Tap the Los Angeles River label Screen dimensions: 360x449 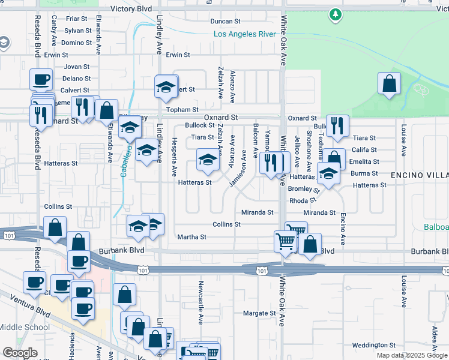(x=245, y=34)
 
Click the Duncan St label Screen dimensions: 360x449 (x=225, y=22)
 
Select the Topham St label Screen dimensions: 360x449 (x=182, y=110)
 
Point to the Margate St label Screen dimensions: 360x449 (x=259, y=313)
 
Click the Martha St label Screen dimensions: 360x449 (x=191, y=237)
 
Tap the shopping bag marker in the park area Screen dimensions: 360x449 (x=389, y=83)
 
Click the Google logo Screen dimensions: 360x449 (x=20, y=352)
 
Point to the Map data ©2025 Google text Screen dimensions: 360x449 (x=412, y=355)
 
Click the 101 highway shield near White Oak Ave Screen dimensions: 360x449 (x=261, y=271)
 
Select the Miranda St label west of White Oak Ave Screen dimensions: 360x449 (x=257, y=212)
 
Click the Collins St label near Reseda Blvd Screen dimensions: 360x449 (x=58, y=206)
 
